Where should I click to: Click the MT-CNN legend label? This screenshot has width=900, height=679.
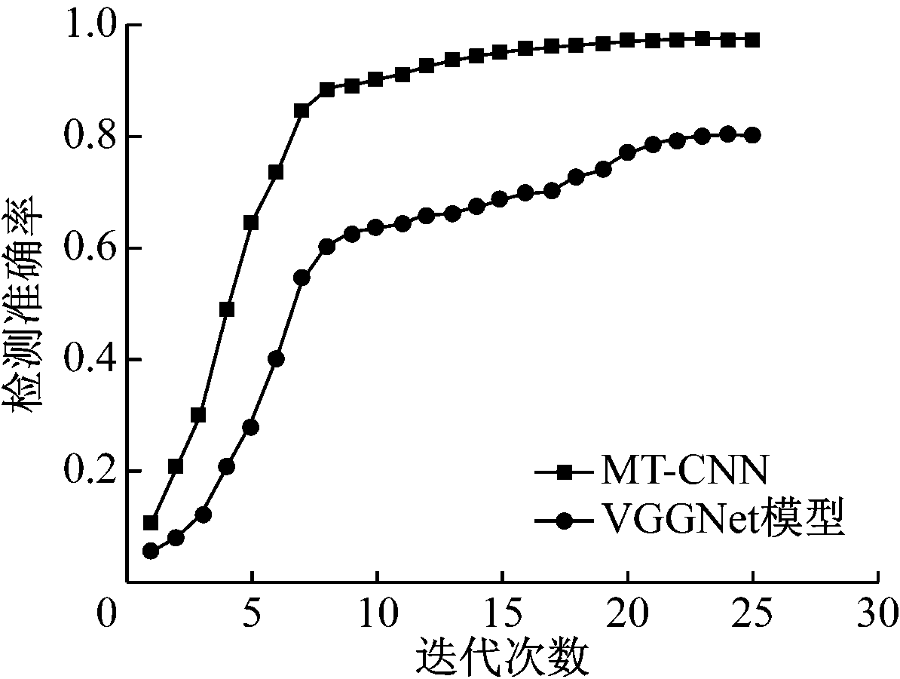coord(684,473)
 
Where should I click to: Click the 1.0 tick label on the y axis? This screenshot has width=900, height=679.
coord(89,26)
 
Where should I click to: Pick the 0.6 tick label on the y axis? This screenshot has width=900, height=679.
coord(89,248)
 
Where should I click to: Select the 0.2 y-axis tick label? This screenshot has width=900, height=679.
coord(89,472)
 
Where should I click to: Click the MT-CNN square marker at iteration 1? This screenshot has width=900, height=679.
coord(150,523)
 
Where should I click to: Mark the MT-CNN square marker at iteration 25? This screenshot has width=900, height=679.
coord(752,40)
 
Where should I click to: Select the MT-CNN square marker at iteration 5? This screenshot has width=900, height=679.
coord(251,223)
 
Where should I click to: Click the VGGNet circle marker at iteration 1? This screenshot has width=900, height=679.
coord(150,551)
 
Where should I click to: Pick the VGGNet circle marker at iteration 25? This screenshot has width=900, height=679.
coord(752,135)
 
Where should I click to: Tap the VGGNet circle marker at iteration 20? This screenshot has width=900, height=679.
coord(627,152)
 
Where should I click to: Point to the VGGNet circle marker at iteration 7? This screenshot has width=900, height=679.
coord(302,278)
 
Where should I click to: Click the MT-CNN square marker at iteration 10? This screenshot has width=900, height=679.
coord(376,79)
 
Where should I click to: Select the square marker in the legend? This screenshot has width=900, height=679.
coord(564,473)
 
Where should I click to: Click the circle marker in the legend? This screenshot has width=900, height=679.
coord(564,521)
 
